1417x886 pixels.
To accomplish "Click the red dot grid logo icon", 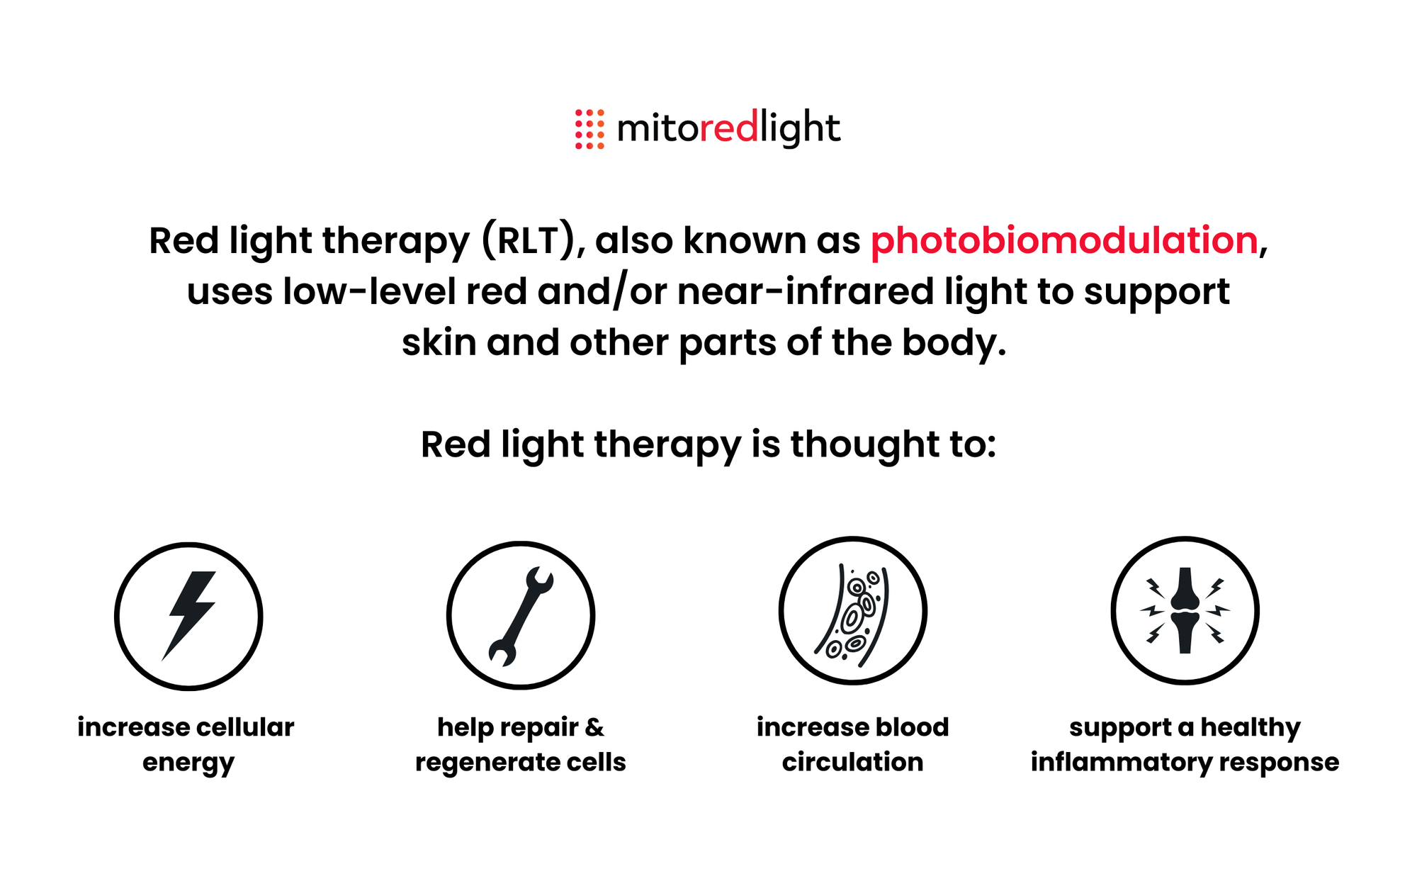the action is click(x=589, y=129).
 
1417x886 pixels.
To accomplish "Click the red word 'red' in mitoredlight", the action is click(x=729, y=128).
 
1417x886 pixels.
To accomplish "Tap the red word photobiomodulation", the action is click(x=1064, y=240).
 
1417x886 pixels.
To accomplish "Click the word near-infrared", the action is click(x=806, y=291).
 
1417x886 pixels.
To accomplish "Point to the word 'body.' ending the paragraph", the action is click(x=954, y=343).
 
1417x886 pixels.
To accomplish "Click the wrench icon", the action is click(x=521, y=615).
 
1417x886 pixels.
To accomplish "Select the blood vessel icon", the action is click(x=852, y=614).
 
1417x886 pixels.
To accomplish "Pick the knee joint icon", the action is click(x=1185, y=610).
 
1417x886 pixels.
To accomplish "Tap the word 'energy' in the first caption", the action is click(x=188, y=764).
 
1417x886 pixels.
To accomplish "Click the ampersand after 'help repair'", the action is click(x=594, y=727).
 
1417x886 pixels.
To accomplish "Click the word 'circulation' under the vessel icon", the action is click(x=852, y=762).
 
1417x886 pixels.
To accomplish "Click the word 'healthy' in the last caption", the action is click(x=1251, y=728).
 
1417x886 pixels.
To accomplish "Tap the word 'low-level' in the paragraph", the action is click(x=369, y=291).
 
